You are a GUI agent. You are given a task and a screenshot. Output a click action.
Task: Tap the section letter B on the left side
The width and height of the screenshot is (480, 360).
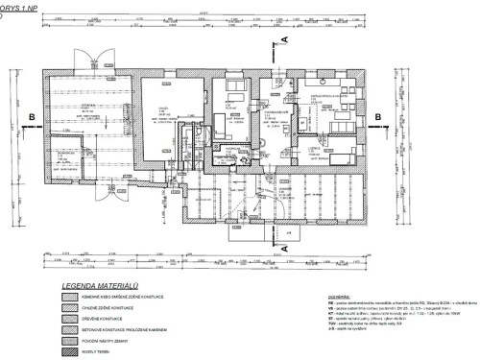click(34, 117)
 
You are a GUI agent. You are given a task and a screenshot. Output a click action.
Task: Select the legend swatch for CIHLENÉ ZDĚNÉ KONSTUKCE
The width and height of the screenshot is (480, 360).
click(71, 310)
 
